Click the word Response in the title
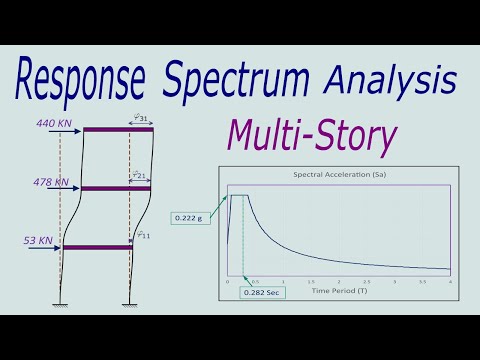[x=88, y=81]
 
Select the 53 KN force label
[x=30, y=241]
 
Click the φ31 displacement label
[x=142, y=118]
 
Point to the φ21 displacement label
[x=142, y=177]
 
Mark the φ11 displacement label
[x=144, y=235]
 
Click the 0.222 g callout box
[x=190, y=217]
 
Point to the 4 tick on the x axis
[x=451, y=282]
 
